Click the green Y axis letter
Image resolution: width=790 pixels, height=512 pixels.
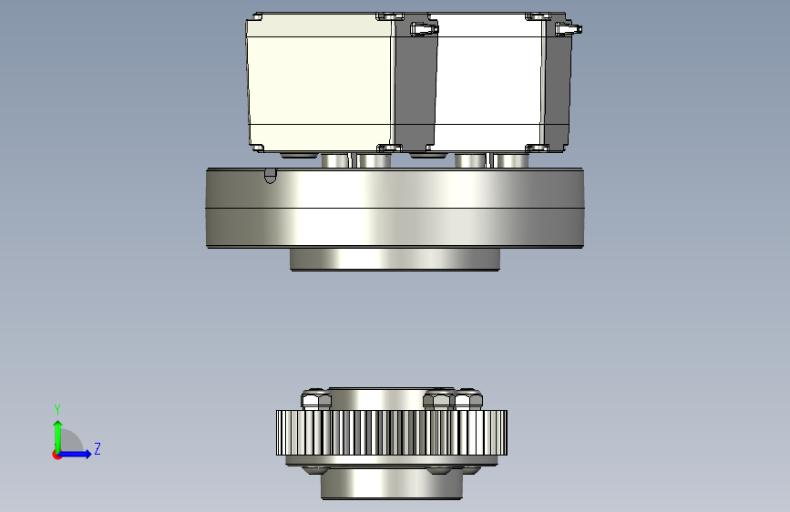[57, 410]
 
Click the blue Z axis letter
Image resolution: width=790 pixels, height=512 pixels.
[97, 448]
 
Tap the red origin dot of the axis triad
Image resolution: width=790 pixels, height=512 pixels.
[56, 455]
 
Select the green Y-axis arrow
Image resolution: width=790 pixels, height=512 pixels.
[58, 436]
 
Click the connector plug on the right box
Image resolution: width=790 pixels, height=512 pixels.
[569, 29]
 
